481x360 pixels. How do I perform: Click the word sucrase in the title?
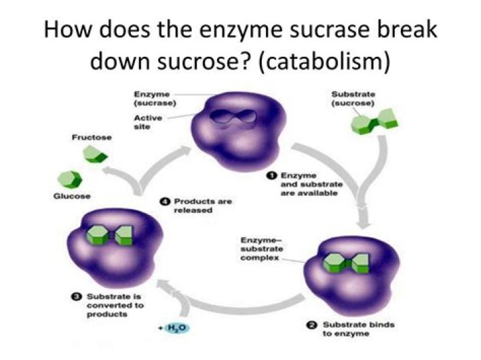coord(307,31)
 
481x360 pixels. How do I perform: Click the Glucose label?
coord(71,196)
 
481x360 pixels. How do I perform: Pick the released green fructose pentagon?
coord(92,155)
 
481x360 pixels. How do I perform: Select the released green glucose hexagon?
coord(69,177)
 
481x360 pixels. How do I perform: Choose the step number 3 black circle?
coord(76,296)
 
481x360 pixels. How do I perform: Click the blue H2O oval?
coord(177,329)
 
